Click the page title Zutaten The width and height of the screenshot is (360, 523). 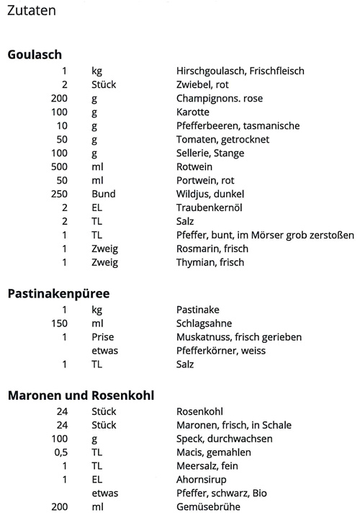(x=31, y=12)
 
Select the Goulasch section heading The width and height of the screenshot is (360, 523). (x=35, y=54)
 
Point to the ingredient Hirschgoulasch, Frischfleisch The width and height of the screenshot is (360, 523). (x=240, y=71)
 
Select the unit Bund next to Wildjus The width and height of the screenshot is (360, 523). (x=103, y=195)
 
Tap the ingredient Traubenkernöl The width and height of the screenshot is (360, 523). (x=207, y=208)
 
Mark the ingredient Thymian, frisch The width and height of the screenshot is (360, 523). (x=210, y=263)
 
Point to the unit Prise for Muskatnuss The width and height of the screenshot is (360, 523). (x=103, y=337)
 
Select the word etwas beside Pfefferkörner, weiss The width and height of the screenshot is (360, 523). (x=104, y=351)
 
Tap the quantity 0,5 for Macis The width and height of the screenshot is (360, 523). (x=60, y=452)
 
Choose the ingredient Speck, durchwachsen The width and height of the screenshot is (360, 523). (x=220, y=439)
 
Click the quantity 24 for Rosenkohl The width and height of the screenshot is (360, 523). (x=61, y=412)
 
